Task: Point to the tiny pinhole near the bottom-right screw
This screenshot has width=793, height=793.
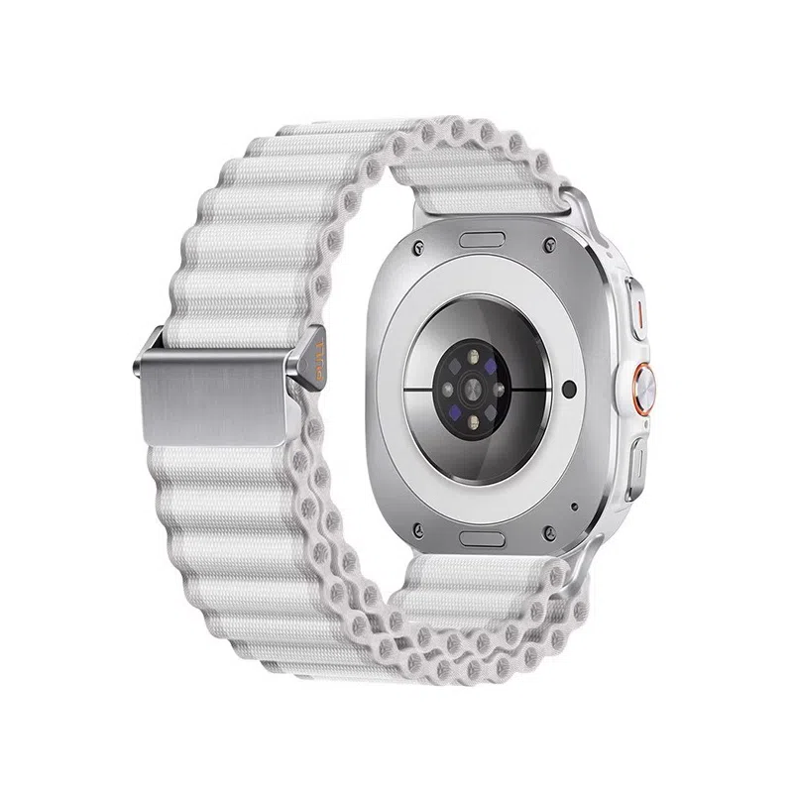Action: click(x=574, y=507)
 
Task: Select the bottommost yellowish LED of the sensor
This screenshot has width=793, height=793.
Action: click(x=472, y=422)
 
